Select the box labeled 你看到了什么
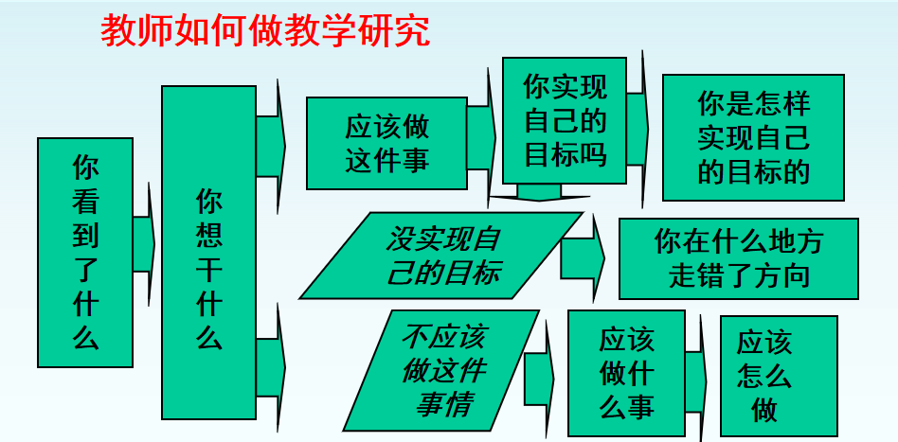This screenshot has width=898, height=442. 85,253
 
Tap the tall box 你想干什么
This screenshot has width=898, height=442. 209,253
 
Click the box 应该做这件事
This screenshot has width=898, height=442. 387,143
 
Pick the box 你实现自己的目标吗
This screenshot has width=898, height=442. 565,120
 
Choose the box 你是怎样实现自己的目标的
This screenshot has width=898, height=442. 754,137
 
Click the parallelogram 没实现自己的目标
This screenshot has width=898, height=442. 441,256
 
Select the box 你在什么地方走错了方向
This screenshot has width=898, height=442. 739,258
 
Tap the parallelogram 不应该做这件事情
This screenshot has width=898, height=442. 441,370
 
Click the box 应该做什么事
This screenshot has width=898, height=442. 626,373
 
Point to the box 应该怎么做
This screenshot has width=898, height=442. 779,376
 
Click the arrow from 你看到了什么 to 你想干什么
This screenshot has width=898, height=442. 144,244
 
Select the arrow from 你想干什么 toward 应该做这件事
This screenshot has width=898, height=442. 271,147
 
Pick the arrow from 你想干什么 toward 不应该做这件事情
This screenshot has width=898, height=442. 271,367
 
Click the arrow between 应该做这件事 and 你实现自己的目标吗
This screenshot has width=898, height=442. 481,137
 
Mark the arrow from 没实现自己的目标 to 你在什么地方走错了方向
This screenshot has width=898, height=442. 583,258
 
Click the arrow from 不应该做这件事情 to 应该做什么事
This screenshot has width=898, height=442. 540,379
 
